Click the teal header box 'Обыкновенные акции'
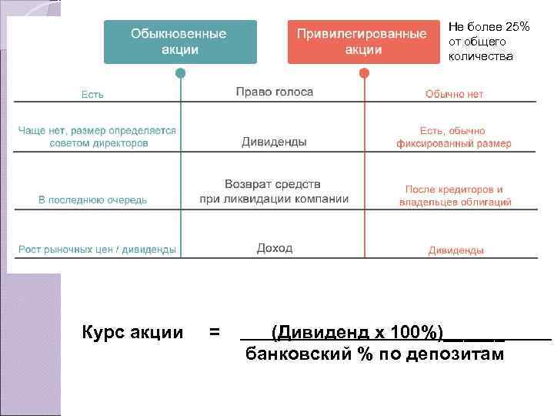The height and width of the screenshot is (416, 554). [x=179, y=42]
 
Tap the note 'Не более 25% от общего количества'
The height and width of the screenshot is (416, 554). [x=489, y=42]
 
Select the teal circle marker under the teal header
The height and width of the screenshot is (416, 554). [x=180, y=74]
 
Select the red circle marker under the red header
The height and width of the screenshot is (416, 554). [x=363, y=74]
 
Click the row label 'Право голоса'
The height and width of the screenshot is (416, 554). [x=274, y=92]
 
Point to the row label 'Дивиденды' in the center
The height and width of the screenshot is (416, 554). [x=274, y=143]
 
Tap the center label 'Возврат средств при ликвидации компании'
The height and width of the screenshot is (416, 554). [x=274, y=192]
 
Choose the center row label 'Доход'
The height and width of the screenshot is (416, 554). [x=275, y=248]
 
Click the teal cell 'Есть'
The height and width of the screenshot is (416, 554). [x=93, y=95]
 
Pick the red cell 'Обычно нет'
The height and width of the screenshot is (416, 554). [x=455, y=94]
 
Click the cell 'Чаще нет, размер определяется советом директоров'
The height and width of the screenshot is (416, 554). [x=97, y=136]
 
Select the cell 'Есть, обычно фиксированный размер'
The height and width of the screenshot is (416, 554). [x=453, y=137]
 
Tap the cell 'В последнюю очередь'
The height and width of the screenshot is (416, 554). [x=93, y=200]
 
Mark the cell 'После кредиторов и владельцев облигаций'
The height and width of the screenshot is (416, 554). [x=455, y=196]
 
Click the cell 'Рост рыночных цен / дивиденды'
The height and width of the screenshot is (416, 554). [x=97, y=250]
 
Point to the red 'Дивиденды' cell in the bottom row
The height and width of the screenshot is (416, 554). [x=456, y=250]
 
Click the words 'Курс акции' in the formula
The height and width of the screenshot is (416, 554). [x=132, y=333]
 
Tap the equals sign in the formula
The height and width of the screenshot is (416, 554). [x=215, y=333]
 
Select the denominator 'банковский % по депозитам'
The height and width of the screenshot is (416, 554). [x=375, y=354]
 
